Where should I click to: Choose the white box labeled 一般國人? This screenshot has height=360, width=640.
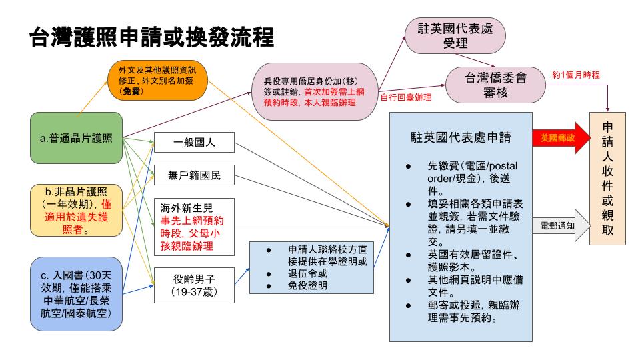point(193,143)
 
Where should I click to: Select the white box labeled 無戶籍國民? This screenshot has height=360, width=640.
point(193,177)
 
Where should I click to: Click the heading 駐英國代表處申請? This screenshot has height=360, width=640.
point(460,138)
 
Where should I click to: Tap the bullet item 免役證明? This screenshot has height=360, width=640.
point(308,285)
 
